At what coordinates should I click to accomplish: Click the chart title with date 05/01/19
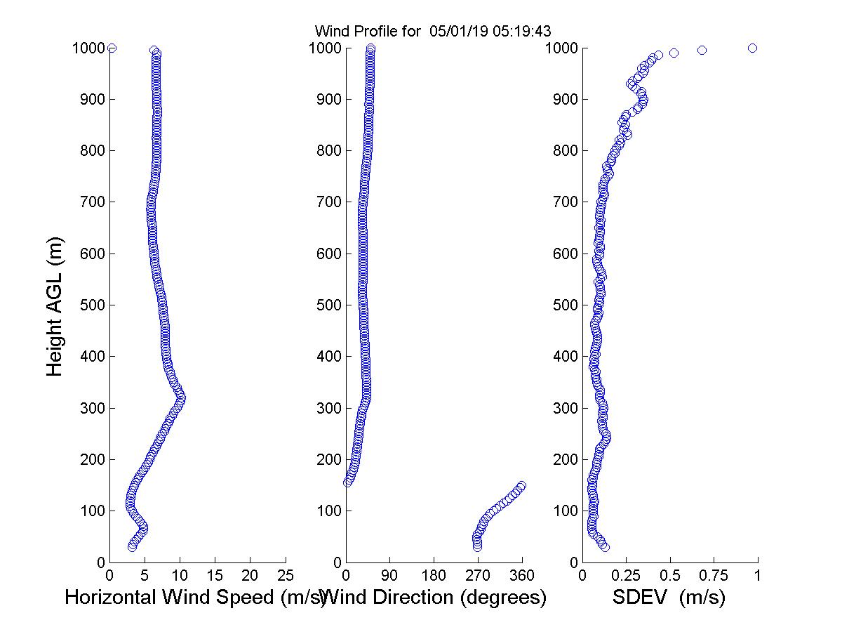click(432, 31)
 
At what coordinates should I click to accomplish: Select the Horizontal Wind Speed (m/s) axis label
click(195, 598)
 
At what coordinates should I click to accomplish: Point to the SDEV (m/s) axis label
click(669, 598)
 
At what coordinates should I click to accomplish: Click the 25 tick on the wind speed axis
click(286, 576)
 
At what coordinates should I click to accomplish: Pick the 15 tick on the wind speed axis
click(215, 576)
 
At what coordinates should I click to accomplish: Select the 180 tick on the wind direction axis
click(434, 576)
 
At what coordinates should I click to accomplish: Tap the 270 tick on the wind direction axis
click(478, 576)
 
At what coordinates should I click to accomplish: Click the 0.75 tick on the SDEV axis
click(714, 576)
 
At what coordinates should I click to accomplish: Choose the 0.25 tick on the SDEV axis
click(627, 576)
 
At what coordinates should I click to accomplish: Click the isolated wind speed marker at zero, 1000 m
click(112, 48)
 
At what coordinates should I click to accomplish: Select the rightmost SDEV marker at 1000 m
click(753, 48)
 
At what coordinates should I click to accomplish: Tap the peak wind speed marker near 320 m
click(181, 398)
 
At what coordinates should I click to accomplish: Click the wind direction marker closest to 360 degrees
click(521, 485)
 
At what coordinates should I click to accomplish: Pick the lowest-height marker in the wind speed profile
click(132, 547)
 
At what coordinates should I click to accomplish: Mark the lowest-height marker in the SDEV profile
click(605, 547)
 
